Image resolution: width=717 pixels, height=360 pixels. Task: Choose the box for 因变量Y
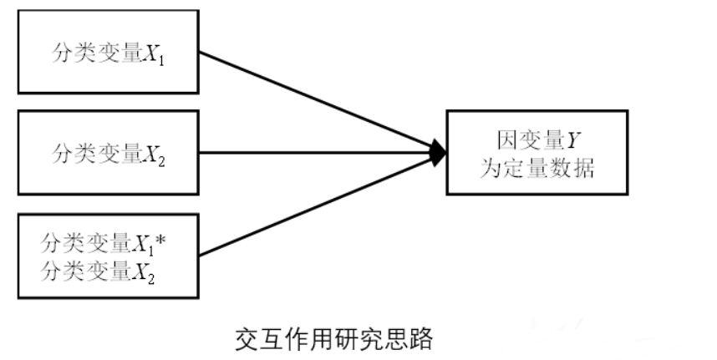click(x=537, y=152)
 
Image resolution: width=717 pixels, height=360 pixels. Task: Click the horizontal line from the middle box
click(x=318, y=152)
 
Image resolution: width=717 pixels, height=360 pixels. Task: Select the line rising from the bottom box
click(x=318, y=205)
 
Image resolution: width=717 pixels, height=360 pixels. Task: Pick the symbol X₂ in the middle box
click(x=153, y=154)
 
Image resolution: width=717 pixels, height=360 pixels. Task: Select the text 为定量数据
click(x=537, y=169)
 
